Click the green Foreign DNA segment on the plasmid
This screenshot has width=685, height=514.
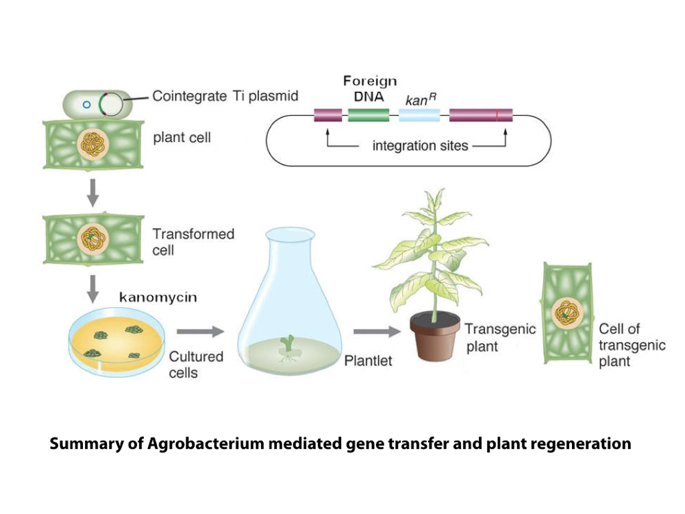coord(369,115)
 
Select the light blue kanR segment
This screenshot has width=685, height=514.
coord(419,115)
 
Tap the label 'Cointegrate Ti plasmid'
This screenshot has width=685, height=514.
coord(225,96)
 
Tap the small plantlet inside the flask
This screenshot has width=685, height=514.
coord(288,344)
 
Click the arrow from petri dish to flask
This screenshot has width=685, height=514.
coord(200,332)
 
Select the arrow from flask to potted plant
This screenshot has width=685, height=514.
coord(376,332)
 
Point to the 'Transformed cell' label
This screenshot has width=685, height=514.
coord(192,242)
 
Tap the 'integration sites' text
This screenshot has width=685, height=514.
coord(420,145)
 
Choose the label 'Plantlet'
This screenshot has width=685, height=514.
coord(368,361)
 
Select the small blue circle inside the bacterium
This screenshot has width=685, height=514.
coord(86,106)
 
